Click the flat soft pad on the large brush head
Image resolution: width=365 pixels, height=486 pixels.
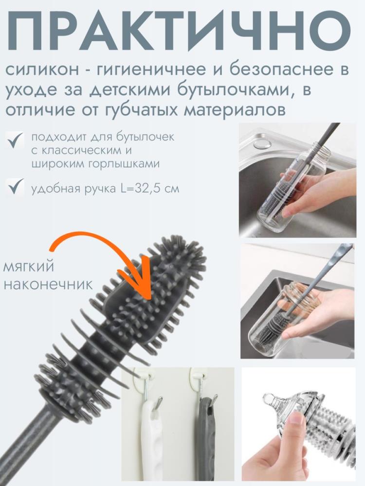(141, 301)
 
